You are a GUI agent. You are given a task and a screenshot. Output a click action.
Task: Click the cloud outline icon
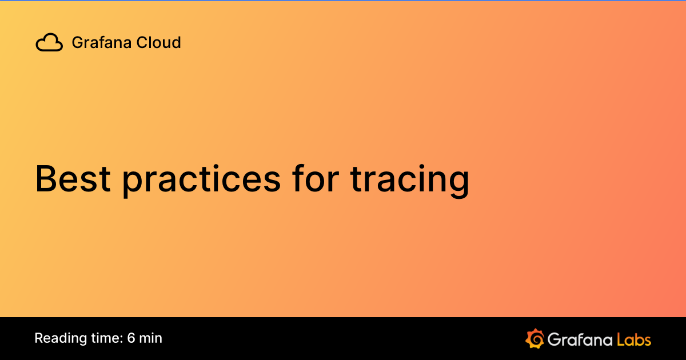tap(49, 43)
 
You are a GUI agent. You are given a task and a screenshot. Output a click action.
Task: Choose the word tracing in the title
tap(409, 179)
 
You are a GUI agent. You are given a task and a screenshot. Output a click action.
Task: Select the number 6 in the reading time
tap(131, 338)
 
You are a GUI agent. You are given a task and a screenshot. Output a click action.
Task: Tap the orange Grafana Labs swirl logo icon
tap(535, 338)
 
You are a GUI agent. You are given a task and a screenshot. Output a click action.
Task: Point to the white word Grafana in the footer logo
tap(579, 339)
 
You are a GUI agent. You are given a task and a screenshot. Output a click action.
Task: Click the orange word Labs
tap(634, 339)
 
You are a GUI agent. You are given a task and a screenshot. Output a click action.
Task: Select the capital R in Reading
tap(38, 338)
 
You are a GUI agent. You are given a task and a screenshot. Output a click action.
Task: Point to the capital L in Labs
tap(621, 339)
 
